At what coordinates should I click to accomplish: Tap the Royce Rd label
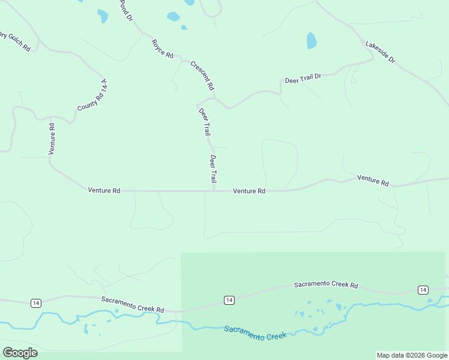coord(162,49)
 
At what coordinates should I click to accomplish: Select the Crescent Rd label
coord(202,76)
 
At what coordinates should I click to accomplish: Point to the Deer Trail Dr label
coord(303,79)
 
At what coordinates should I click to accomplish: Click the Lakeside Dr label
coord(381,52)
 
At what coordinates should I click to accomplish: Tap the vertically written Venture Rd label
coord(52,139)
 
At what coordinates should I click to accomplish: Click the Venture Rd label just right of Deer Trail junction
coord(249,191)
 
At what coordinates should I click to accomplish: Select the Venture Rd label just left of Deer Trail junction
coord(104,190)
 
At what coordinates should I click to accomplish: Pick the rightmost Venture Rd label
coord(373,179)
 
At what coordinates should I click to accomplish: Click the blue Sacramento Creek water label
coord(255,333)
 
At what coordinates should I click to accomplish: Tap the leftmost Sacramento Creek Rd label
coord(133,304)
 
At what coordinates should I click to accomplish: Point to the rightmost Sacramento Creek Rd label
coord(325,284)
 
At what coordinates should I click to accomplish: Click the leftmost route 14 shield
coord(36,302)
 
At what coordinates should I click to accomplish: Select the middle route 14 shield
coord(229,299)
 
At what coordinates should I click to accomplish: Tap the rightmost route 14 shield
coord(423,290)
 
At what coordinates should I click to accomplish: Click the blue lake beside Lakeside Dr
coord(312,41)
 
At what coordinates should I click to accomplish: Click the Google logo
coord(20,353)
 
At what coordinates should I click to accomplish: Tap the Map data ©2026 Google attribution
coord(412,355)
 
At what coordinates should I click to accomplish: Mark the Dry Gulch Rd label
coord(15,41)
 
